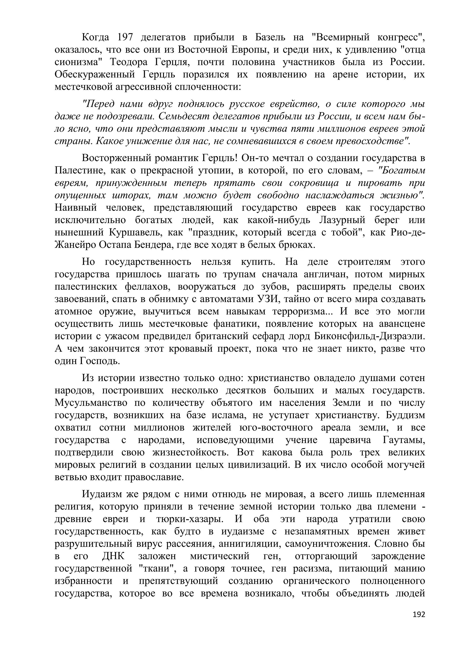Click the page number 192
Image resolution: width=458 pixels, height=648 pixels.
click(x=418, y=622)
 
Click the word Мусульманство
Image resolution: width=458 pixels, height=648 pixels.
click(x=91, y=403)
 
